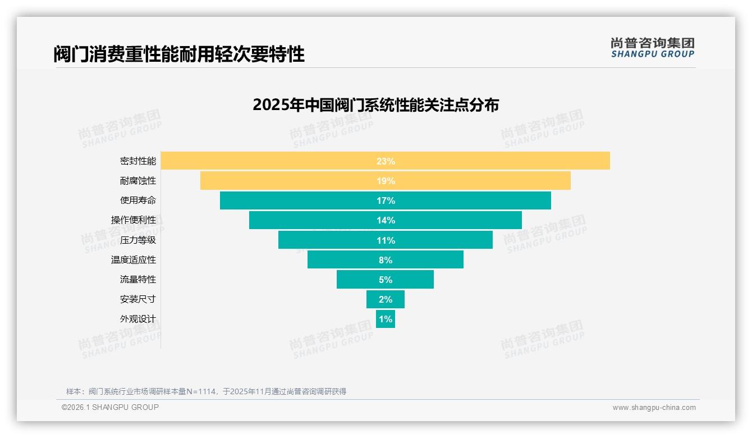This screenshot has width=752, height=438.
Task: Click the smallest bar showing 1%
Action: tap(386, 319)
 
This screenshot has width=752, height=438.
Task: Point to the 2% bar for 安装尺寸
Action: tap(386, 299)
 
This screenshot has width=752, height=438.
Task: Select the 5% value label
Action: tap(386, 280)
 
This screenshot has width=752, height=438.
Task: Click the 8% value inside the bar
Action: tap(386, 260)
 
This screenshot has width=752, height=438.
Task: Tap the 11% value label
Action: tap(386, 240)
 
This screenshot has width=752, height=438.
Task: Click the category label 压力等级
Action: tap(137, 240)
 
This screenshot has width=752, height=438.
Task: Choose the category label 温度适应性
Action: tap(133, 259)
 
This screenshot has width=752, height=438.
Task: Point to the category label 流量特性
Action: tap(137, 279)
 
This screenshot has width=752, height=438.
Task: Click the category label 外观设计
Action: tap(137, 318)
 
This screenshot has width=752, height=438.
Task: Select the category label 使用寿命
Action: tap(137, 200)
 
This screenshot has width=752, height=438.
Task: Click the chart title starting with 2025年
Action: tap(375, 105)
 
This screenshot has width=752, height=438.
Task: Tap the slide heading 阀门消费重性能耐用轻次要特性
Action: tap(179, 54)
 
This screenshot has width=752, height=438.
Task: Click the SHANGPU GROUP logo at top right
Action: tap(652, 48)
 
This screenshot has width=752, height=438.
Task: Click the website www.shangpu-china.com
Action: tap(654, 408)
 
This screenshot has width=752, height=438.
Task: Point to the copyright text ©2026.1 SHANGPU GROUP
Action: tap(110, 407)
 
